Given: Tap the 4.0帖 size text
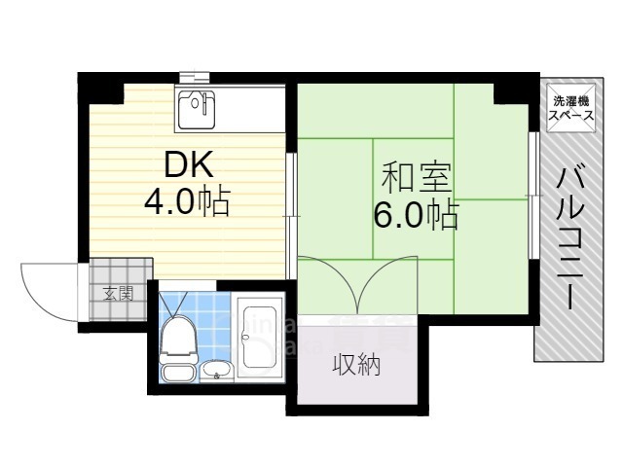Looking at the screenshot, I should click(x=187, y=201).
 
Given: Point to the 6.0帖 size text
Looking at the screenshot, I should click(x=416, y=215).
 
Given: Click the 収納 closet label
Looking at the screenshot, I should click(x=355, y=366).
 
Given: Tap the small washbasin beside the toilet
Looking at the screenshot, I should click(x=216, y=368).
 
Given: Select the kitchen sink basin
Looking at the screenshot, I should click(x=199, y=110).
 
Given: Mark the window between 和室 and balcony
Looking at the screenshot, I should click(x=532, y=195).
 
